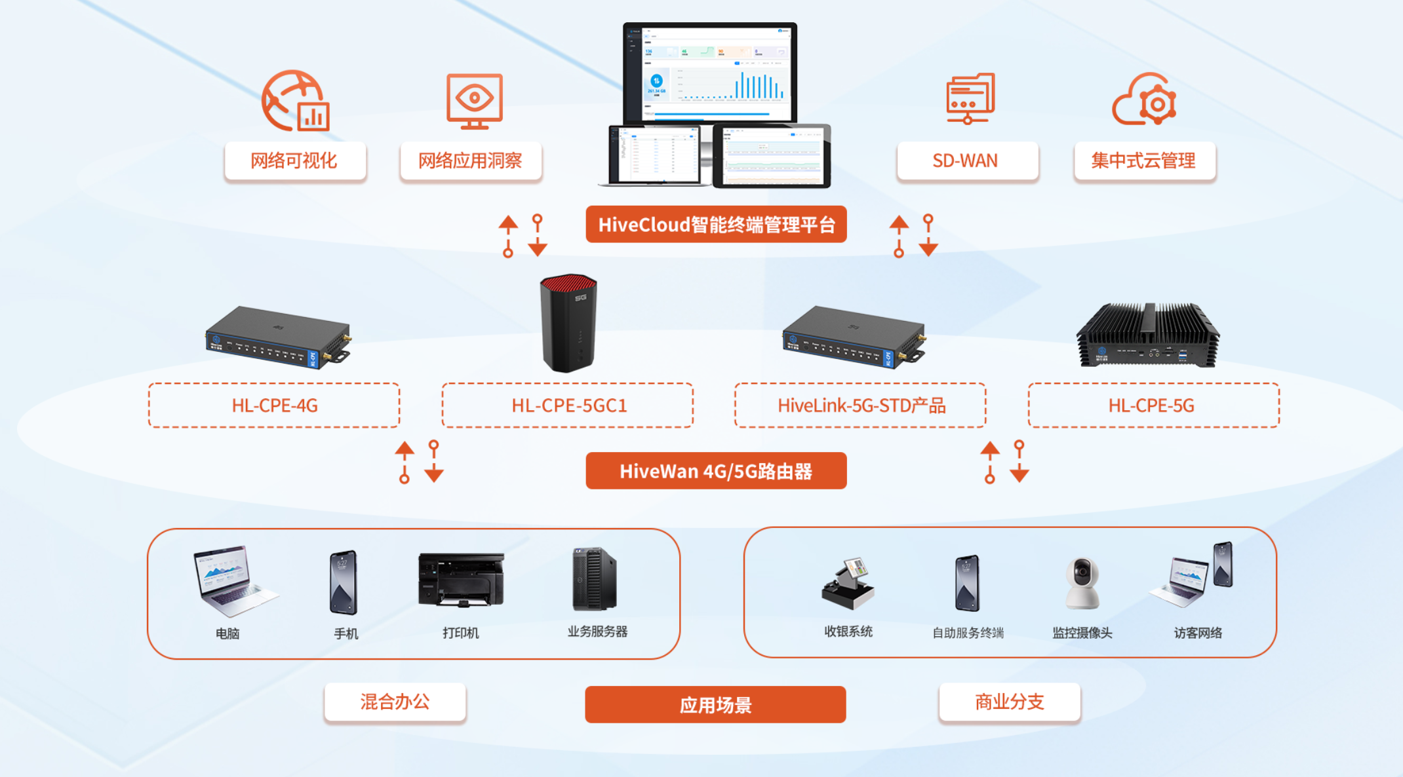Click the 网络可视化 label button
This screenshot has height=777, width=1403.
pos(295,161)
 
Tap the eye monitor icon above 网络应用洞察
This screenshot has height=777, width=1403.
pos(474,101)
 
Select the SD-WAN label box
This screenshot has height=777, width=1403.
pos(967,161)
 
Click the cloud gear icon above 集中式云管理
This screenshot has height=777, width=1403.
pos(1145,100)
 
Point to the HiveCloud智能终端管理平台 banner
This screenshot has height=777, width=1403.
pos(716,225)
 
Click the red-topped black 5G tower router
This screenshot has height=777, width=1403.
pos(568,322)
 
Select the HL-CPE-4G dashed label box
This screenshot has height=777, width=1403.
pos(274,406)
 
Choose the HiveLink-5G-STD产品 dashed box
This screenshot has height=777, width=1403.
pos(860,406)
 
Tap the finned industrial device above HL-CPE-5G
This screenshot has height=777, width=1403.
pos(1148,335)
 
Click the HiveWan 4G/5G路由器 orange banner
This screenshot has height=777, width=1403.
pos(716,471)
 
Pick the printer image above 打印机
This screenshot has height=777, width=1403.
pos(461,580)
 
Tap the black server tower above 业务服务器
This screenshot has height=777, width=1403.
pos(594,579)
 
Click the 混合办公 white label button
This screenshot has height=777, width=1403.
pos(395,702)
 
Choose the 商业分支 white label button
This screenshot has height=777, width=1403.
pos(1009,702)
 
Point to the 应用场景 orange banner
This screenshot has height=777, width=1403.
pos(715,705)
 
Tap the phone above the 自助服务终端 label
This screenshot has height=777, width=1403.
pos(967,583)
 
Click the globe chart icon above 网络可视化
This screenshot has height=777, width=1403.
pos(295,101)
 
